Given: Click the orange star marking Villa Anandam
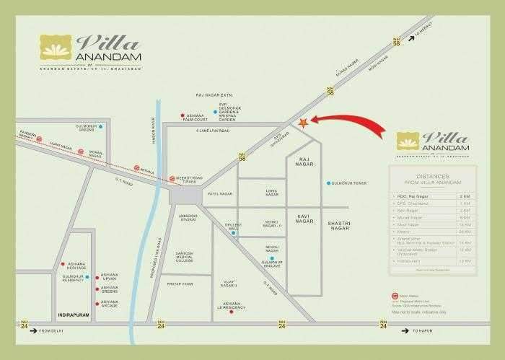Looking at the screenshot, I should [303, 123].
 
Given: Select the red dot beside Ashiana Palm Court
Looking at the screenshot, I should [181, 116].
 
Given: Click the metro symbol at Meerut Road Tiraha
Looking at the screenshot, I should [172, 178].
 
